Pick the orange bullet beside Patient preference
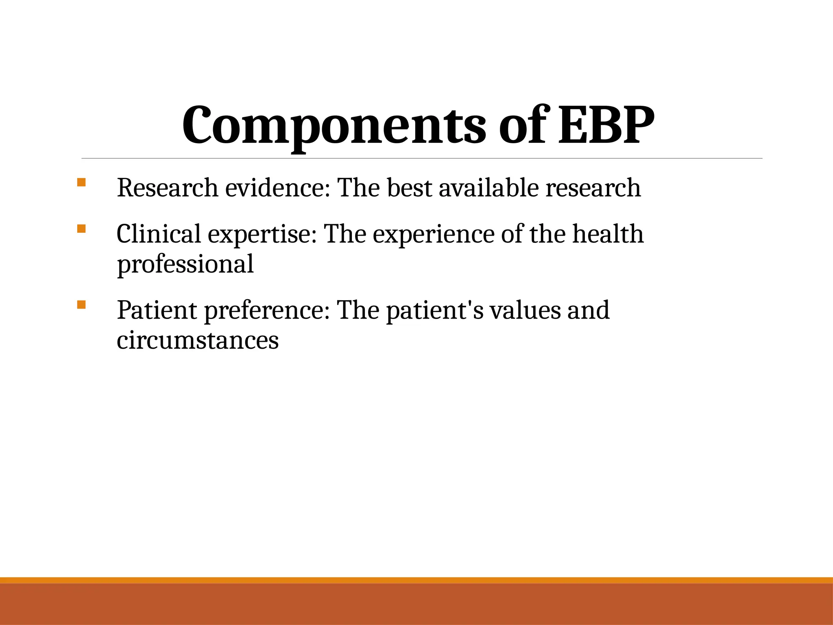(x=81, y=304)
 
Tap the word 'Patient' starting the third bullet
(x=157, y=310)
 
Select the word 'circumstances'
(x=198, y=340)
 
